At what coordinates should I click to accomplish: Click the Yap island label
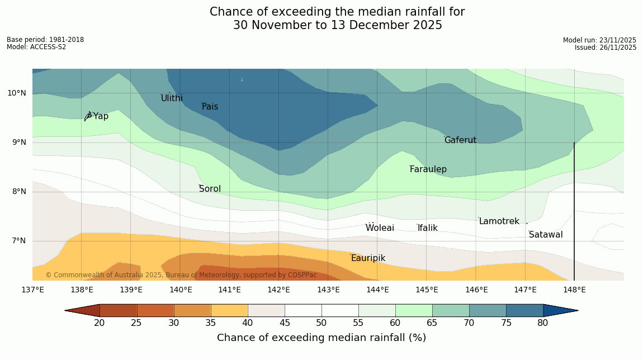click(101, 116)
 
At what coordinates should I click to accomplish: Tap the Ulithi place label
click(172, 98)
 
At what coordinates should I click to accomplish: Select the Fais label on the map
click(210, 107)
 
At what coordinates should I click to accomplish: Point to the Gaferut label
click(460, 140)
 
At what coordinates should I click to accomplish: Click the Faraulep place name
click(428, 169)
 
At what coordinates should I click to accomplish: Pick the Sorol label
click(210, 189)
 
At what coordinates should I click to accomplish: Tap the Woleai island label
click(380, 228)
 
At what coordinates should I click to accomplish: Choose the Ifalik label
click(427, 228)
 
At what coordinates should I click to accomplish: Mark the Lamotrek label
click(499, 221)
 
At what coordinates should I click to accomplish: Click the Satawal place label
click(546, 235)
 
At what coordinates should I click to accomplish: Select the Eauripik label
click(368, 258)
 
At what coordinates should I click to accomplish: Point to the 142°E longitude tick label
click(278, 290)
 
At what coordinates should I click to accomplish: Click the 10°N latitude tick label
click(16, 93)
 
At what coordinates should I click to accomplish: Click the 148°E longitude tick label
click(574, 290)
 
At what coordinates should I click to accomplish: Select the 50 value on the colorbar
click(321, 323)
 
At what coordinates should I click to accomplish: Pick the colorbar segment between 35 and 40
click(229, 310)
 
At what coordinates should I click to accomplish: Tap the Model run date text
click(599, 40)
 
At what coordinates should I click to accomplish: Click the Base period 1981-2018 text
click(45, 40)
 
